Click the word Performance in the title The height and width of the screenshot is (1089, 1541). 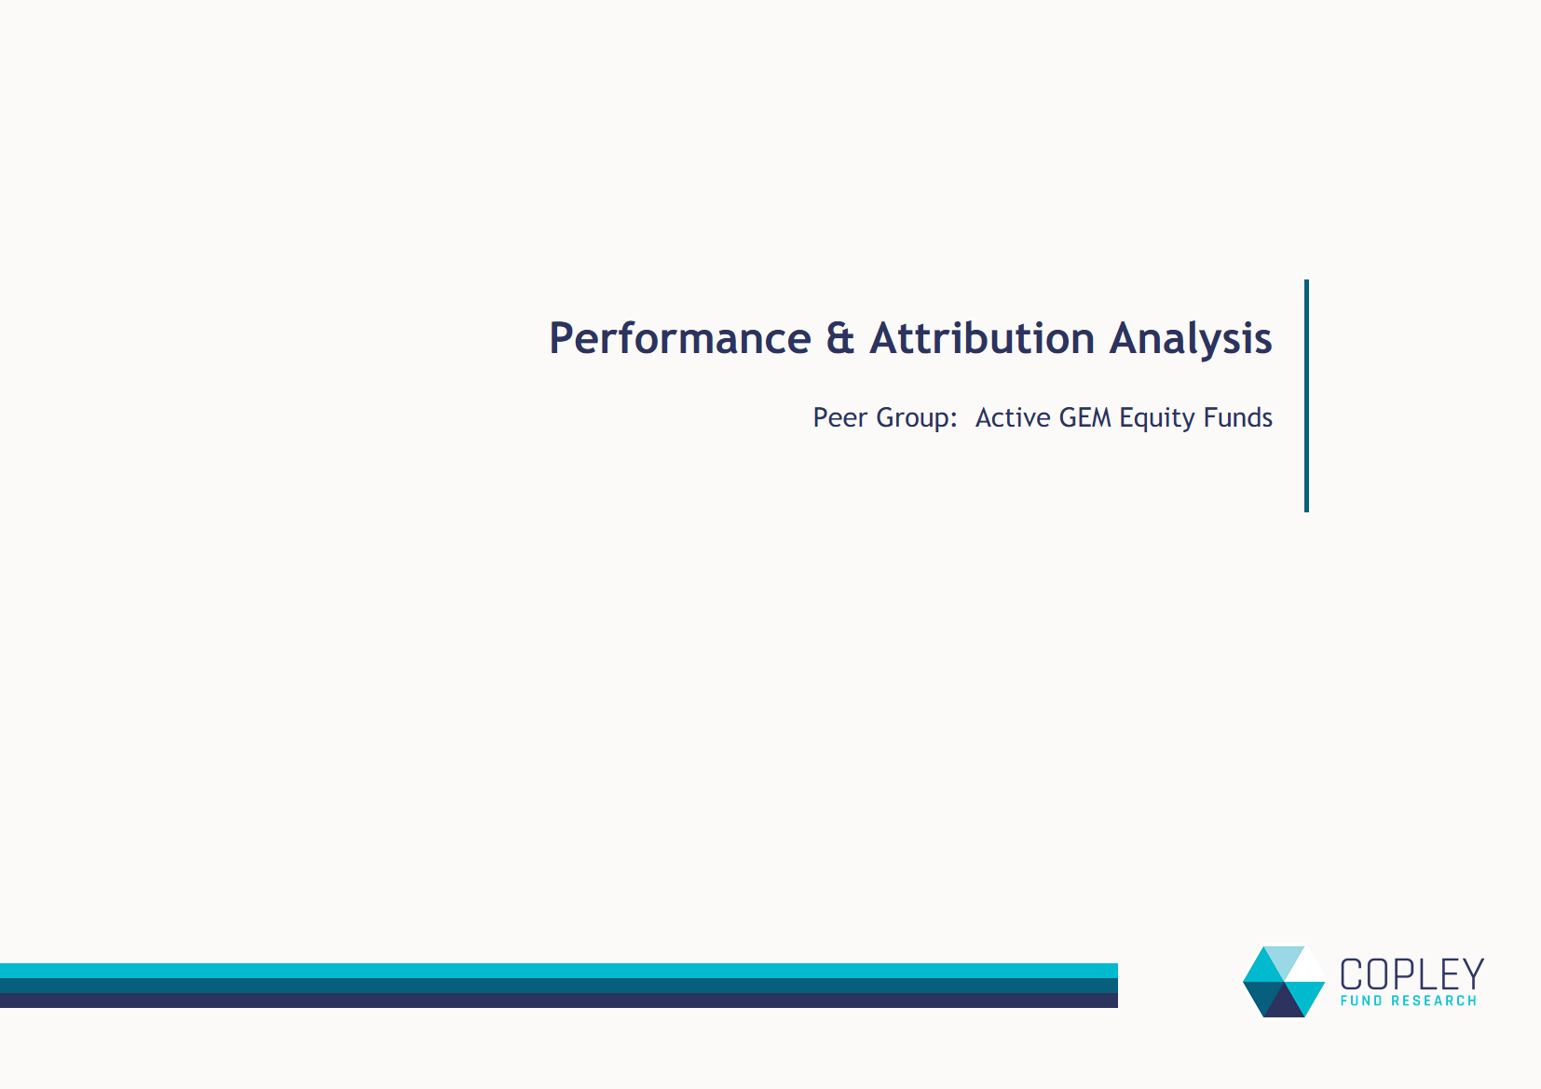[680, 338]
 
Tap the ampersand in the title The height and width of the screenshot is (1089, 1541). [840, 338]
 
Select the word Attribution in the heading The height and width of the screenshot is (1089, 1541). [982, 338]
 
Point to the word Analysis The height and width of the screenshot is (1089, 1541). [1191, 340]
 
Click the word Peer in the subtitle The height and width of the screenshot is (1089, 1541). [839, 417]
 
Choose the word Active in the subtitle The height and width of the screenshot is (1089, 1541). [1013, 417]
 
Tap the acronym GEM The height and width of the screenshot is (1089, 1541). [1084, 417]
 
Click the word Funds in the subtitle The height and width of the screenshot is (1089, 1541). [1237, 417]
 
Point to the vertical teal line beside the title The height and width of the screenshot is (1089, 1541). [1306, 396]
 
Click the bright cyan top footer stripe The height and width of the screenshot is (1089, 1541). [559, 971]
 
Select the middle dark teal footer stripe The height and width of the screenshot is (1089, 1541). [559, 986]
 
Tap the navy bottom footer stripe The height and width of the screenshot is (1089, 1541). [559, 1001]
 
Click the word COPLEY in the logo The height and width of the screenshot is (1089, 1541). [1411, 974]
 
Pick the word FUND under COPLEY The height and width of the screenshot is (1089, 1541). [1361, 1001]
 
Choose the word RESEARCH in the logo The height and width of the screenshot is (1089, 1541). [1434, 1001]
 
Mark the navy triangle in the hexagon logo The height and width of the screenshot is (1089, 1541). [1284, 1004]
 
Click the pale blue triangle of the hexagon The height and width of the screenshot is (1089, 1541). [1284, 959]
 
